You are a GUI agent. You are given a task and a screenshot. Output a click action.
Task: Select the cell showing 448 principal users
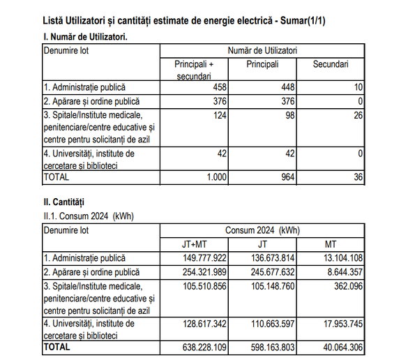[x=285, y=87]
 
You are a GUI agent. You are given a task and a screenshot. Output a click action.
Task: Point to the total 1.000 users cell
[x=213, y=177]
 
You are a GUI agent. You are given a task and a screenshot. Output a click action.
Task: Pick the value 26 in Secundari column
[x=358, y=115]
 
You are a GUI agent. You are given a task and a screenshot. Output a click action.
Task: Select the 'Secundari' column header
[x=331, y=64]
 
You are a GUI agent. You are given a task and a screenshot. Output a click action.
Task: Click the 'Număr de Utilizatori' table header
[x=262, y=51]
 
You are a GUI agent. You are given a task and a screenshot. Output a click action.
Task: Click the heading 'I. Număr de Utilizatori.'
[x=86, y=36]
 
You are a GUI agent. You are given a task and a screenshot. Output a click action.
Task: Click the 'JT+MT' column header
[x=194, y=243]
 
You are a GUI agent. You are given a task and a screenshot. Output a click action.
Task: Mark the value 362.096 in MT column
[x=345, y=285]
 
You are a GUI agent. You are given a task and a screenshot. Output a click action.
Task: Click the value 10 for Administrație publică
[x=358, y=87]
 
